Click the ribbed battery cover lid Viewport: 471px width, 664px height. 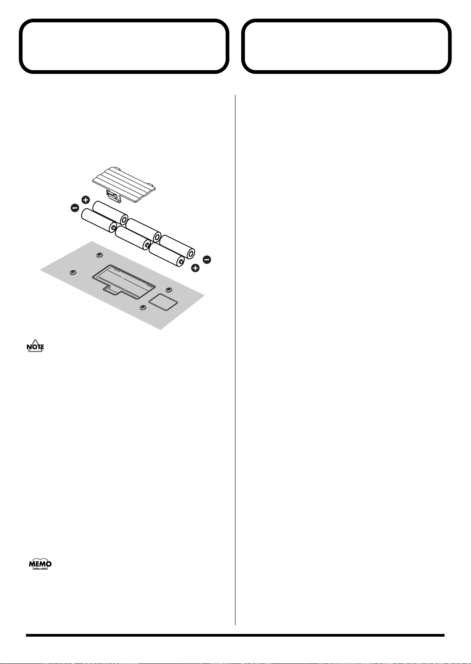pyautogui.click(x=124, y=182)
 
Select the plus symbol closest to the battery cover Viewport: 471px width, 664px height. pyautogui.click(x=85, y=200)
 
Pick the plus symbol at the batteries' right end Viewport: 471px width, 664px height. pyautogui.click(x=195, y=268)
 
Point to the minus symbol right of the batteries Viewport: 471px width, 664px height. pyautogui.click(x=207, y=259)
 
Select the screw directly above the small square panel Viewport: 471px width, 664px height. pyautogui.click(x=169, y=290)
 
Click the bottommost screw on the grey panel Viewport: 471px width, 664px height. pyautogui.click(x=143, y=308)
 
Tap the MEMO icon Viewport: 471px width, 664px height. pyautogui.click(x=40, y=564)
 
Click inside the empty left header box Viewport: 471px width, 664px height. pyautogui.click(x=124, y=46)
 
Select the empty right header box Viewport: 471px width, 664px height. pyautogui.click(x=347, y=46)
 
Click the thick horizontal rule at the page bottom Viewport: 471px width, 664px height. pyautogui.click(x=235, y=635)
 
